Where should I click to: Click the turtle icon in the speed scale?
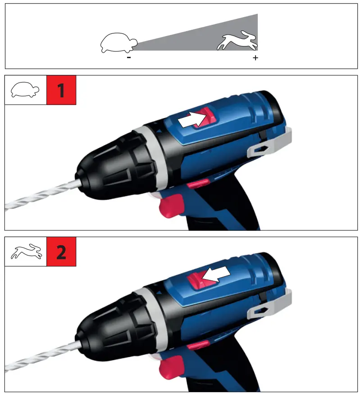tap(118, 43)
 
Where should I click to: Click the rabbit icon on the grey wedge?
tap(237, 41)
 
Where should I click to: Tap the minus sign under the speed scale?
tap(129, 58)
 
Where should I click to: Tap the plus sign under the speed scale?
tap(255, 58)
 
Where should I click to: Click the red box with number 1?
tap(61, 90)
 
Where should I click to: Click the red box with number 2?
tap(61, 252)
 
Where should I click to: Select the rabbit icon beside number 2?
tap(26, 252)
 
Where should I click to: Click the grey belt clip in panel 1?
tap(270, 144)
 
